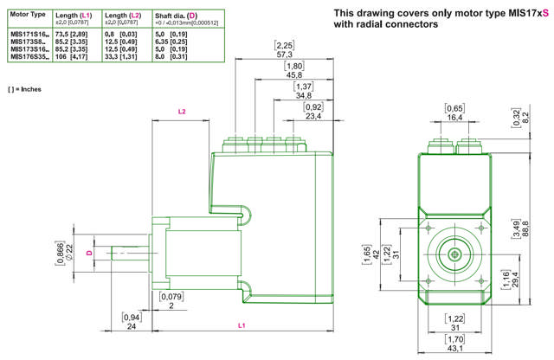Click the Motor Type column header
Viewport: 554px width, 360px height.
point(27,15)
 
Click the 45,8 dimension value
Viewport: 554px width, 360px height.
point(294,74)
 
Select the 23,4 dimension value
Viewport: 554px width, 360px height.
point(312,115)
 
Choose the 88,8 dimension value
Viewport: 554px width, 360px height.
point(525,229)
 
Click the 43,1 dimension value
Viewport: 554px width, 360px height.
point(454,349)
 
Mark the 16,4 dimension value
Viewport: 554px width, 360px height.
point(454,117)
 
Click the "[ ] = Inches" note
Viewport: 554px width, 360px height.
point(23,89)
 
